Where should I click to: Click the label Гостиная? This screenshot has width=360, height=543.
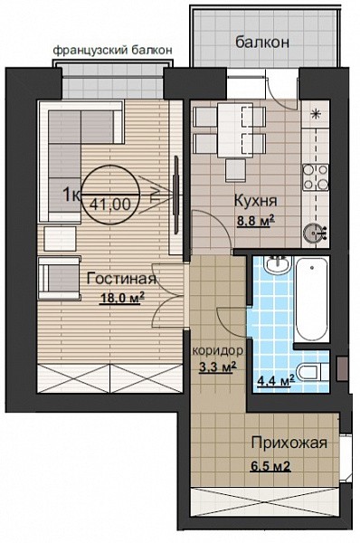point(121,279)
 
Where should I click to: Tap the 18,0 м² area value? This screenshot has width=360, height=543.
point(119,298)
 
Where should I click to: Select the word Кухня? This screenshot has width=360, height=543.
point(256,201)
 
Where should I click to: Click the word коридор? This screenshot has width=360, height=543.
point(218,351)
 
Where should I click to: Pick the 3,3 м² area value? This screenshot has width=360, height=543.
point(218,367)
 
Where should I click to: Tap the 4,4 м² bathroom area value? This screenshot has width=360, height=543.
point(276,381)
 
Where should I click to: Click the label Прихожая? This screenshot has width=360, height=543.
point(289,443)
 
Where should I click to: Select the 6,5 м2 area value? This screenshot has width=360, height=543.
point(270,466)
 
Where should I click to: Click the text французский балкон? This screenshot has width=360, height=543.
point(112,50)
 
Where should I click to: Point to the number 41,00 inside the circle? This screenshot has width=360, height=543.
point(110,205)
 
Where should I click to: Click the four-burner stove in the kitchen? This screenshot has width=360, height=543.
point(316,177)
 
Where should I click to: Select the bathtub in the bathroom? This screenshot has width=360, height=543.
point(311,299)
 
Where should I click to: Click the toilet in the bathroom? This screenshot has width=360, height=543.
point(314,372)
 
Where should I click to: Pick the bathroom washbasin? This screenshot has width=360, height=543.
point(278,265)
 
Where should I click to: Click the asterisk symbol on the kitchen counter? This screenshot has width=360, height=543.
point(316,114)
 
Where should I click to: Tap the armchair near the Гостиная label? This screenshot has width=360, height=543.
point(60,278)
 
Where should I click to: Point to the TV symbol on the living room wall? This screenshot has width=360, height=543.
point(176,195)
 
